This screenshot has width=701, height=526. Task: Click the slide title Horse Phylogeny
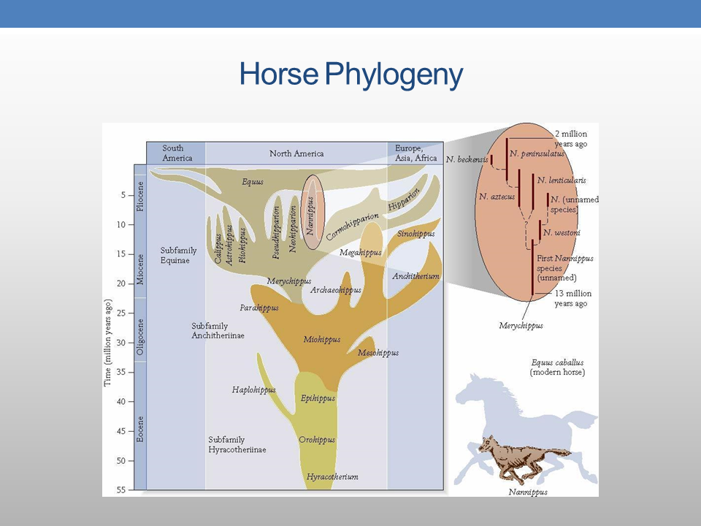[350, 75]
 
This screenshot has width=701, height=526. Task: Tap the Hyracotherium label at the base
[332, 477]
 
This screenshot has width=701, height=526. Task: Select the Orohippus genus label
[317, 440]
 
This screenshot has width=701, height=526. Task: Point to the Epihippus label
[318, 398]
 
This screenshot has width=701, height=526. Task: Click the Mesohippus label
[378, 353]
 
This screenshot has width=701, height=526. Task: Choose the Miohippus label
[322, 340]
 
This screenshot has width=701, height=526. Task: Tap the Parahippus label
[259, 308]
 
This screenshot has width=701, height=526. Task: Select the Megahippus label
[361, 253]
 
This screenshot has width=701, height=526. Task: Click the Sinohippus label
[416, 234]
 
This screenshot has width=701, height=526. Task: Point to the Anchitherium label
[415, 276]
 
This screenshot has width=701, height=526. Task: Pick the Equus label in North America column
[253, 181]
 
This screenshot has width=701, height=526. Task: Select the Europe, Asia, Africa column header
[415, 153]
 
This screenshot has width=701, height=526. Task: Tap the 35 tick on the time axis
[122, 372]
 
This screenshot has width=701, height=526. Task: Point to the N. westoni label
[562, 232]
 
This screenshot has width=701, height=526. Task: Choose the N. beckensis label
[467, 159]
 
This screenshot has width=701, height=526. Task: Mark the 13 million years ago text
[572, 298]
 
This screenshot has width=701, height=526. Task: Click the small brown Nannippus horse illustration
[520, 457]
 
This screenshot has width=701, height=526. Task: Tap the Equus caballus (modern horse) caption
[557, 367]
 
